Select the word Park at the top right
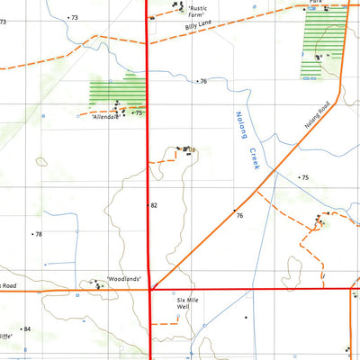pos(315,3)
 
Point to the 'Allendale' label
pos(106,118)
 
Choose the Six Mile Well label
pos(184,303)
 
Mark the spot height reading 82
pos(154,205)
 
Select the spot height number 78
pos(38,234)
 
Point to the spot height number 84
pos(27,329)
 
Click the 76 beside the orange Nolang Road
pos(239,216)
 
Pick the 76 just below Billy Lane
pos(203,82)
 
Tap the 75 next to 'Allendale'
pos(139,113)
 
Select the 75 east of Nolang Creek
pos(304,178)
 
